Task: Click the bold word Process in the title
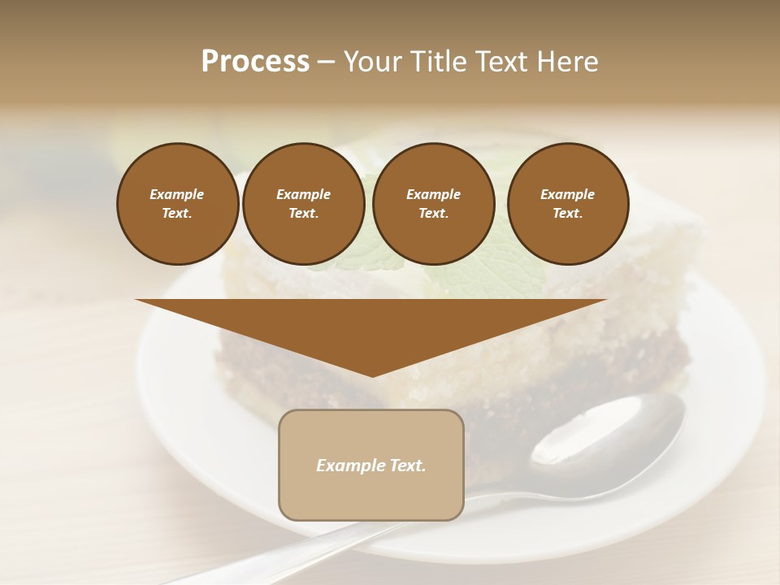click(x=255, y=62)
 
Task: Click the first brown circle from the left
click(x=177, y=204)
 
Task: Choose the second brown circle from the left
click(x=303, y=204)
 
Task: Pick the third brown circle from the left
click(x=433, y=204)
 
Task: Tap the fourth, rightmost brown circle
click(x=567, y=204)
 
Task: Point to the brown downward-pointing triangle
click(x=371, y=329)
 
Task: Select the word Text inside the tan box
click(x=406, y=466)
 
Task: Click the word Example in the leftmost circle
click(x=177, y=194)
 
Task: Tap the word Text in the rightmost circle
click(x=567, y=214)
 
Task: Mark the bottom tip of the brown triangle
click(x=372, y=375)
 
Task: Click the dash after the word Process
click(x=327, y=62)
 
